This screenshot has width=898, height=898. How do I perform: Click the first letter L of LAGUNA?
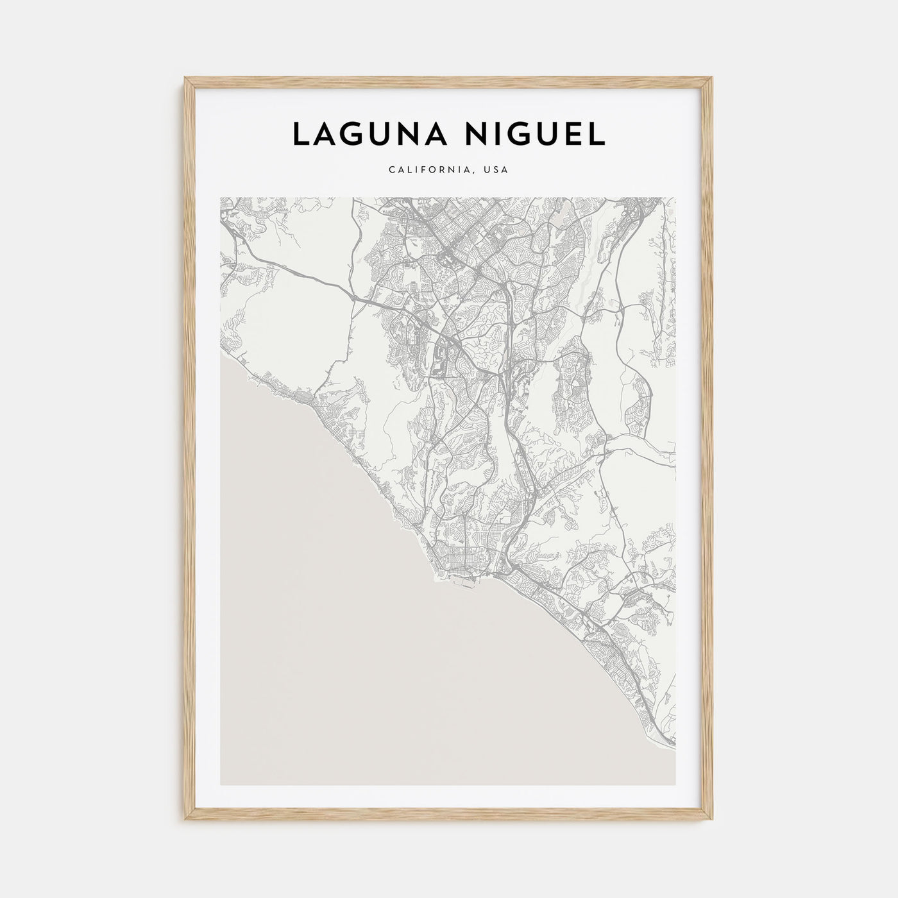click(x=300, y=133)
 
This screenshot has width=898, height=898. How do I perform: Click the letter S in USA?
click(x=497, y=170)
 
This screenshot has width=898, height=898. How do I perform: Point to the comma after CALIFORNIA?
click(x=476, y=173)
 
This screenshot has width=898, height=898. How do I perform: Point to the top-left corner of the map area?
click(x=221, y=198)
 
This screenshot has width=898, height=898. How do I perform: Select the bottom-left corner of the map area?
click(x=221, y=785)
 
